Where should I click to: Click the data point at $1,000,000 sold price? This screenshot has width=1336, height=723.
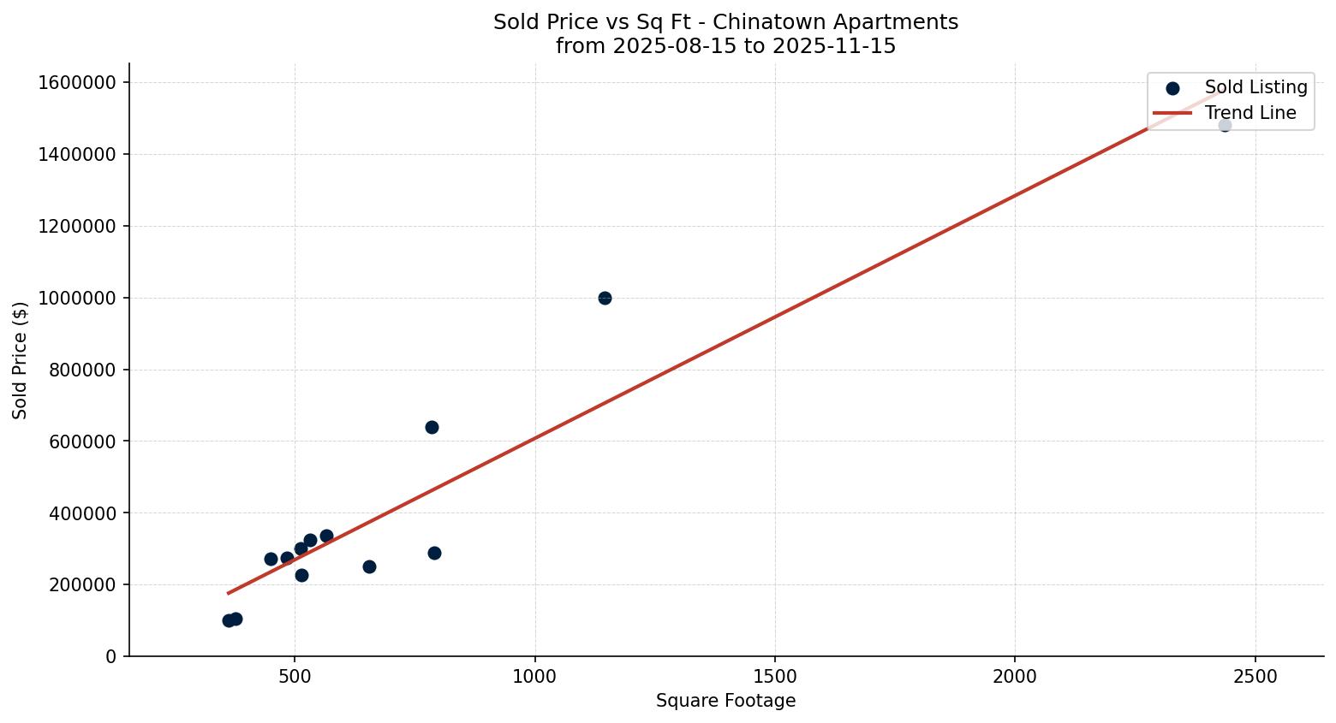tap(605, 298)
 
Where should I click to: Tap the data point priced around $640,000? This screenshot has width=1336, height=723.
tap(432, 427)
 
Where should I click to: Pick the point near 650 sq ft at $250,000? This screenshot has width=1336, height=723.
tap(369, 566)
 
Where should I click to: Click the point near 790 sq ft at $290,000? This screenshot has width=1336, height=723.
tap(434, 553)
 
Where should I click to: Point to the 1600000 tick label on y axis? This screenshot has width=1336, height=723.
tap(77, 82)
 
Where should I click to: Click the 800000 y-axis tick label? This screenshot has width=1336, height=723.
tap(82, 370)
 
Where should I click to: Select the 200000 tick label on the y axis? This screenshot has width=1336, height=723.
tap(82, 585)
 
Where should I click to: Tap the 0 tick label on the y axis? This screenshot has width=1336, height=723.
tap(111, 657)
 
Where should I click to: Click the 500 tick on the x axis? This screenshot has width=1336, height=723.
tap(295, 677)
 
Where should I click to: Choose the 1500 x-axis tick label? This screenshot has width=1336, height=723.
tap(775, 677)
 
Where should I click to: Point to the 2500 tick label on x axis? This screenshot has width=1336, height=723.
tap(1255, 677)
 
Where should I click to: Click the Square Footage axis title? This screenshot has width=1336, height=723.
tap(725, 702)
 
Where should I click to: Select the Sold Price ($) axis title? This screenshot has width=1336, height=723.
tap(21, 360)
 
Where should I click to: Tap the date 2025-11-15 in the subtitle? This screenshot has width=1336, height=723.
tap(833, 46)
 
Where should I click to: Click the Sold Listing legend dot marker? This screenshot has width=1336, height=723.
tap(1172, 87)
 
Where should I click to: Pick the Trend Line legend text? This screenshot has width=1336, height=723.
tap(1250, 113)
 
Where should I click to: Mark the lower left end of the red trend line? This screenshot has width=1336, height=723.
tap(228, 593)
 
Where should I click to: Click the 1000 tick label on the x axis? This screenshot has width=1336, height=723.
tap(535, 677)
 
